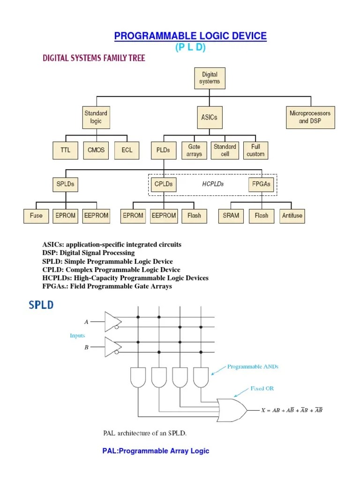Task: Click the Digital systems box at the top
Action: click(x=209, y=78)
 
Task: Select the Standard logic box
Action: click(x=96, y=117)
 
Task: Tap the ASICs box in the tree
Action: click(x=209, y=117)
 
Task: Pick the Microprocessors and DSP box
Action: click(x=310, y=117)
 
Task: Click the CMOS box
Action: click(x=96, y=150)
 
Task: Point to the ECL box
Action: click(x=127, y=150)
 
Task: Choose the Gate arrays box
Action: click(x=194, y=150)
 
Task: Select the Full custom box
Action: click(x=255, y=150)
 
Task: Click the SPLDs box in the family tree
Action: click(x=65, y=184)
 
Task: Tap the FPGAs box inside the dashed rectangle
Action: click(x=262, y=184)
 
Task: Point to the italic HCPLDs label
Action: click(x=213, y=184)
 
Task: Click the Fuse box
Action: click(x=36, y=216)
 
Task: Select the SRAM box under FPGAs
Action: click(x=231, y=216)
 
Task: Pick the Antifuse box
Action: click(x=292, y=216)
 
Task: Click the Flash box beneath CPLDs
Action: click(x=194, y=216)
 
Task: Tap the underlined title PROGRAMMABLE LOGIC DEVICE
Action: click(x=191, y=36)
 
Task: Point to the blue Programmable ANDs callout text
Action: click(x=253, y=367)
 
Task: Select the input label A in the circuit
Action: click(x=86, y=322)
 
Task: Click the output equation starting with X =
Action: click(x=292, y=410)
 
